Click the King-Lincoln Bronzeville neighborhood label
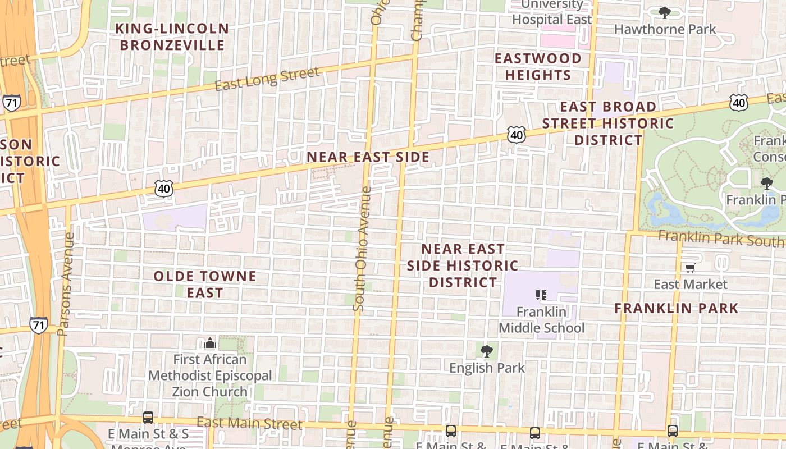point(172,36)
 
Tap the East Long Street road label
point(267,78)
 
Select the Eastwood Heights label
point(538,66)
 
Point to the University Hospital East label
point(552,12)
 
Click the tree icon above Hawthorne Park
point(665,12)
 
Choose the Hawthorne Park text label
point(665,29)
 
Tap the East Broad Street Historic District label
point(608,123)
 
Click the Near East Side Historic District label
point(463,265)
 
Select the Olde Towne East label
point(205,284)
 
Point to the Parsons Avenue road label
point(66,284)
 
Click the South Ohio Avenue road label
point(361,249)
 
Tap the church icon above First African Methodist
point(210,342)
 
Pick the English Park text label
point(487,368)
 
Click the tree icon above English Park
point(487,351)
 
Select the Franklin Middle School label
point(541,319)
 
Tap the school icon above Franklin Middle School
point(541,295)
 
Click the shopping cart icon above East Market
point(690,268)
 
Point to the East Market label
point(690,284)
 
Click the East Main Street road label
point(249,423)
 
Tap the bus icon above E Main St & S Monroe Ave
point(148,417)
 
